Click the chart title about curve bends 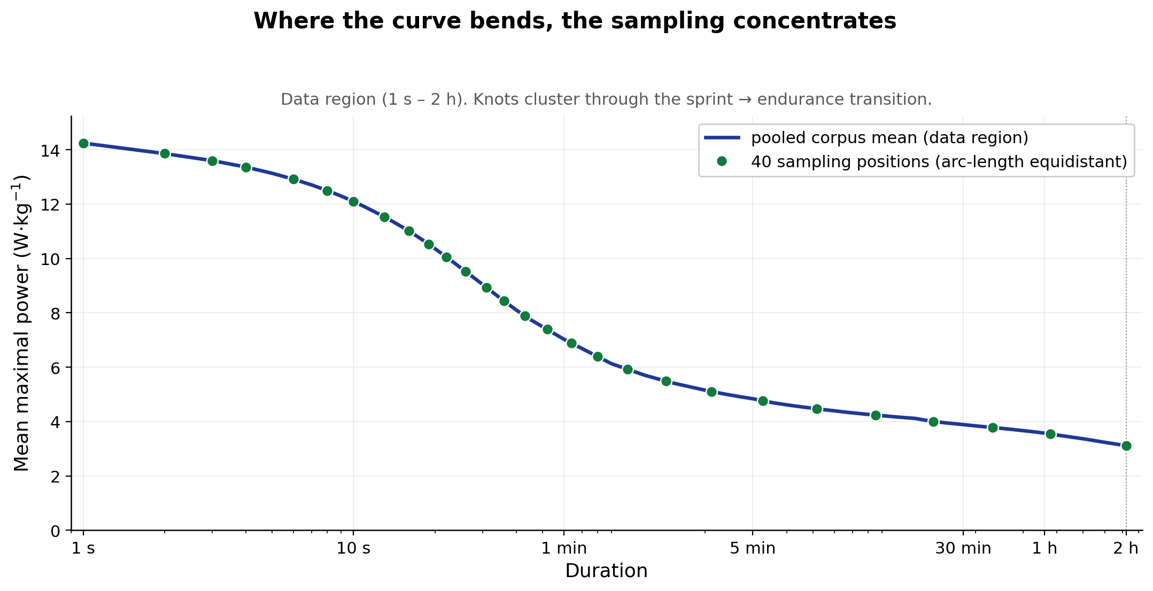[575, 21]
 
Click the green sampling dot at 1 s [83, 143]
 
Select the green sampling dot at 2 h [1126, 446]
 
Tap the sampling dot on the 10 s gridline [353, 201]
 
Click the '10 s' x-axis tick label [353, 549]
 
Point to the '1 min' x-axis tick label [564, 549]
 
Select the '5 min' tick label [753, 549]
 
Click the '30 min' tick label [963, 549]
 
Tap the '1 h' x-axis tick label [1044, 549]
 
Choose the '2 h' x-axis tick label [1126, 549]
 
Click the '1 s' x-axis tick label [83, 549]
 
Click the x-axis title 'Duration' [606, 571]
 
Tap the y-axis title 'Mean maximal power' [21, 323]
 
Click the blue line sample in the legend [722, 138]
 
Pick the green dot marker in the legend [722, 161]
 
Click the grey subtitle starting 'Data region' [606, 99]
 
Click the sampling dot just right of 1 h [1050, 434]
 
